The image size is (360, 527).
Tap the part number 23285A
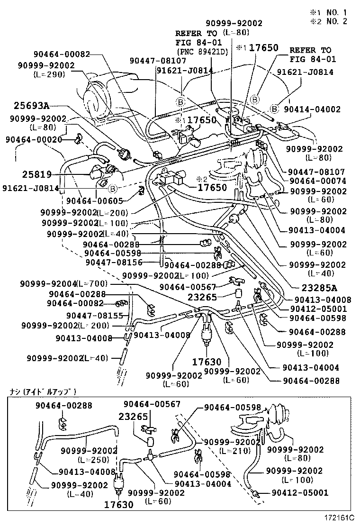(319, 287)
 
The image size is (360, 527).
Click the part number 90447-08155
(95, 316)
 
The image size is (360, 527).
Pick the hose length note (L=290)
(49, 74)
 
